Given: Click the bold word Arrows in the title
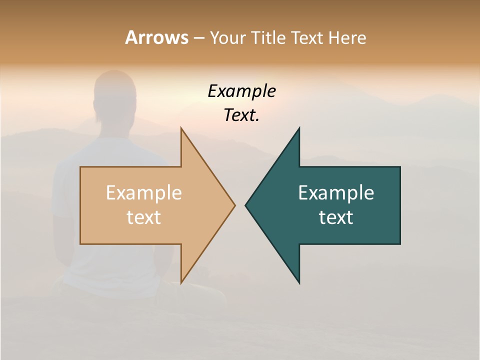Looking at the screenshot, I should pyautogui.click(x=156, y=37).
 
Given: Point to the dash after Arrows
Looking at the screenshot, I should pyautogui.click(x=198, y=38).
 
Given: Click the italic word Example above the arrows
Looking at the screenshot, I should pyautogui.click(x=241, y=91).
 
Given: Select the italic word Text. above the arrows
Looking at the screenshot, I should pyautogui.click(x=241, y=115).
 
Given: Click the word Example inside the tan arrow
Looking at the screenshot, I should pyautogui.click(x=143, y=193).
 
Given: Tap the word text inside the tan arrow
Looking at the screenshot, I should pyautogui.click(x=143, y=217).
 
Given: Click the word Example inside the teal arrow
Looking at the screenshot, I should pyautogui.click(x=336, y=193).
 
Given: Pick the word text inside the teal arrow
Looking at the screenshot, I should pyautogui.click(x=336, y=217).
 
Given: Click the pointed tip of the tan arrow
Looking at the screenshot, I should pyautogui.click(x=234, y=205).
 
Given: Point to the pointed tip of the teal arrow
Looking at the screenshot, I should pyautogui.click(x=246, y=205).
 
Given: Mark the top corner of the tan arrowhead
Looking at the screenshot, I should pyautogui.click(x=181, y=128).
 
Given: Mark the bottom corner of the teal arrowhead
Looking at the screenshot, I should pyautogui.click(x=299, y=283).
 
